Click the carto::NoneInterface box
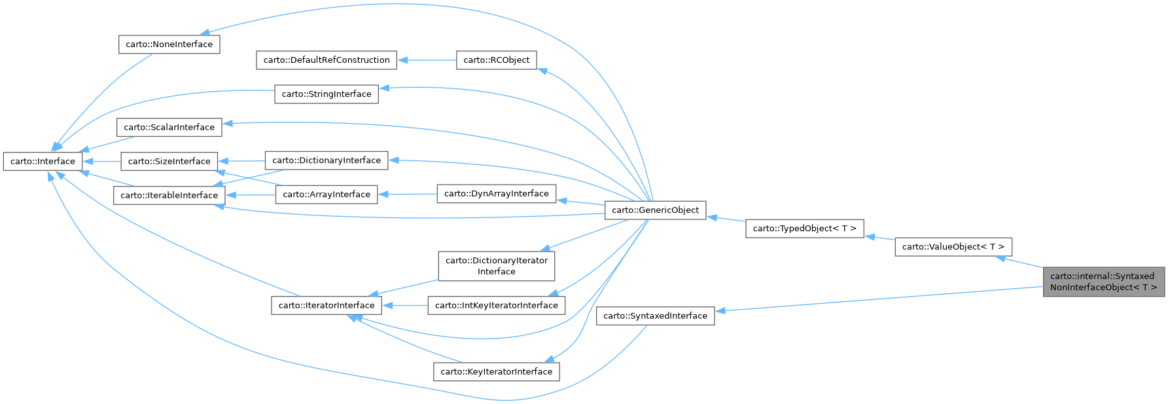click(169, 45)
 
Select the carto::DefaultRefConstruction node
click(327, 60)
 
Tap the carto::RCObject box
click(497, 60)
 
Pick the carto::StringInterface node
click(327, 94)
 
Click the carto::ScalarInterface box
click(169, 128)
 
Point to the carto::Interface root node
click(43, 162)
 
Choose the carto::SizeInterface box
click(169, 162)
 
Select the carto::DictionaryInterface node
click(327, 160)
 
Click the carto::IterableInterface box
click(169, 195)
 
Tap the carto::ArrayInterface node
click(327, 194)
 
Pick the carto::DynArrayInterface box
click(497, 194)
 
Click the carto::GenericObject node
click(656, 210)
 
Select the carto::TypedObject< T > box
click(805, 229)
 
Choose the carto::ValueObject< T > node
click(953, 247)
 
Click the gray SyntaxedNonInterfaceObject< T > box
click(1104, 282)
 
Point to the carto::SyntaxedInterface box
click(656, 316)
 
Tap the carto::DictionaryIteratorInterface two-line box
click(497, 266)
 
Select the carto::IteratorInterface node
click(327, 306)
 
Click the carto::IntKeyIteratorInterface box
click(497, 306)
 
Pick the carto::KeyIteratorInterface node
click(497, 372)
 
